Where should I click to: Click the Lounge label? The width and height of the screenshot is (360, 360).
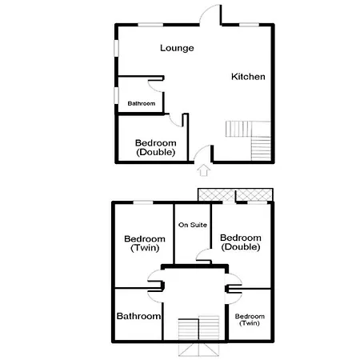177,48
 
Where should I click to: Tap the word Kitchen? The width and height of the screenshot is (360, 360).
248,77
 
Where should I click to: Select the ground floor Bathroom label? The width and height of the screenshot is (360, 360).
142,103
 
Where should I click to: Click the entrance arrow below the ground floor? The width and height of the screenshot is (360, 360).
203,170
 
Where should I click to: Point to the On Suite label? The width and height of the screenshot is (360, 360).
193,225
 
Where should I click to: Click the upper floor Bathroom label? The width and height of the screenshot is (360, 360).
138,316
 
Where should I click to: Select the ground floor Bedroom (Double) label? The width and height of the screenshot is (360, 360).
156,147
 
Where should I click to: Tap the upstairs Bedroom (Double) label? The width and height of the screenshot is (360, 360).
241,242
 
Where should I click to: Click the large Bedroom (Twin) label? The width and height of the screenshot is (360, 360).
145,243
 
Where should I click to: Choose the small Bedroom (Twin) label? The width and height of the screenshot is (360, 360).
250,320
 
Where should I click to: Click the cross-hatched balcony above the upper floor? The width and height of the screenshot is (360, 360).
235,194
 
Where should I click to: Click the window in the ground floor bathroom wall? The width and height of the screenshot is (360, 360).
116,95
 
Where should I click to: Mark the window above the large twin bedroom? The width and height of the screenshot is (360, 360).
143,203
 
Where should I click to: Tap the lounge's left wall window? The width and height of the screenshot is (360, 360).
116,48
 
